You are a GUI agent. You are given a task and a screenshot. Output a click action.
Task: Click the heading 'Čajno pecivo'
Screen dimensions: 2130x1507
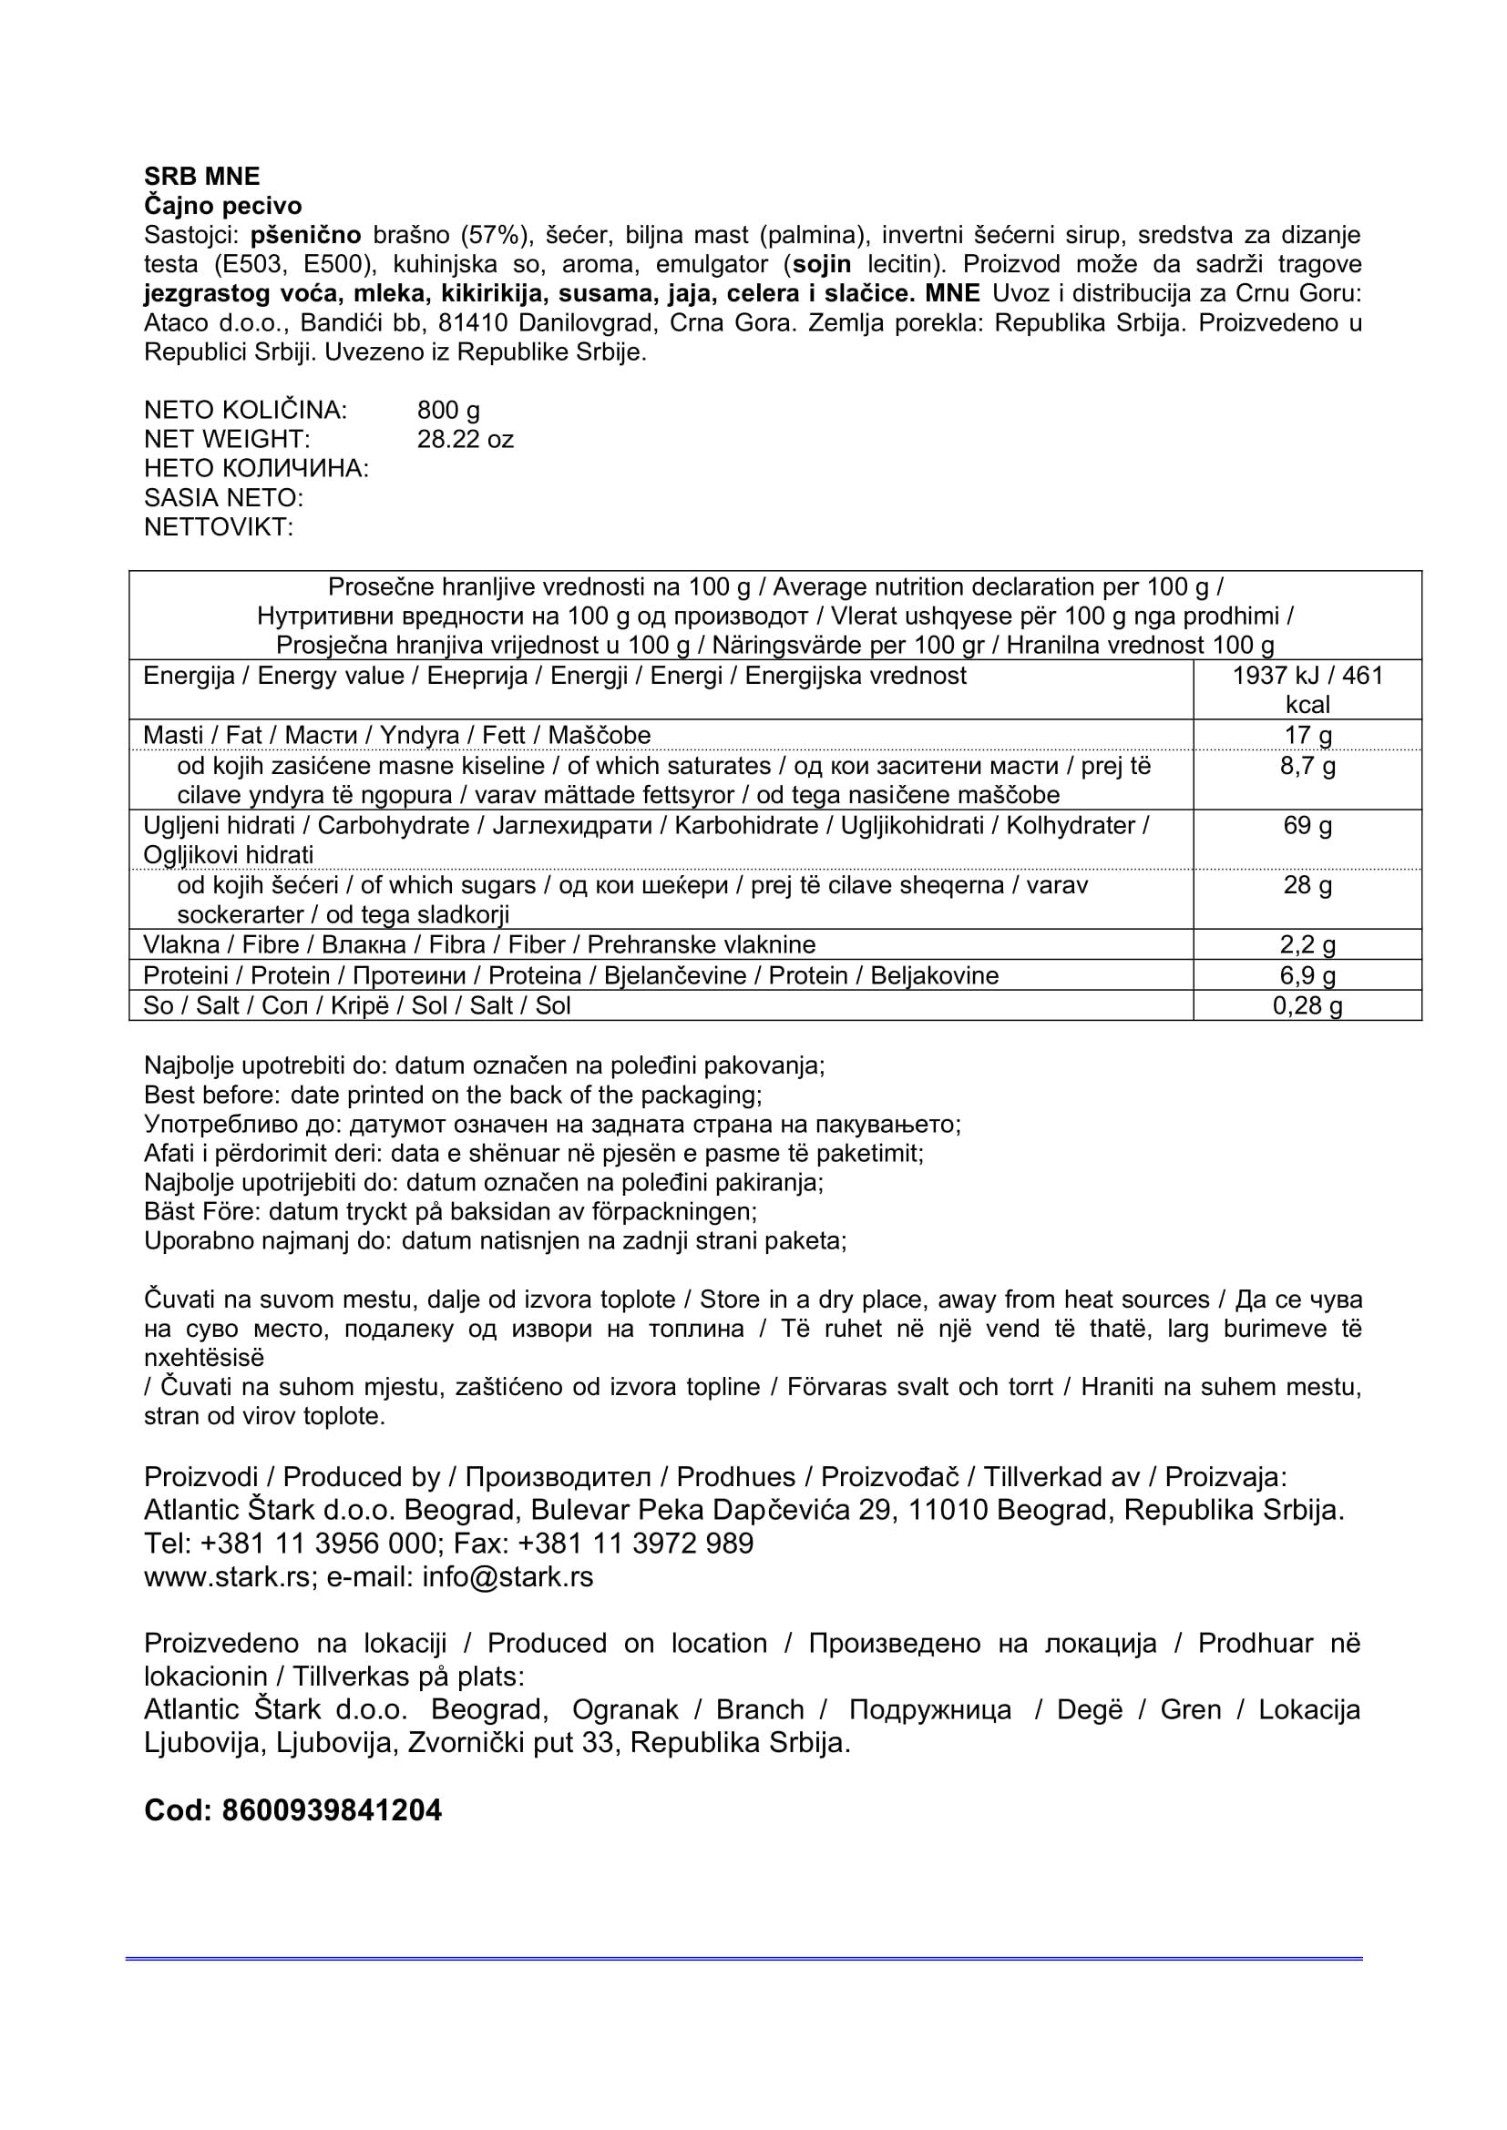[222, 205]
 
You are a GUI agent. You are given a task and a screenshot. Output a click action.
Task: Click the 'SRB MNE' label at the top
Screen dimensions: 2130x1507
[201, 177]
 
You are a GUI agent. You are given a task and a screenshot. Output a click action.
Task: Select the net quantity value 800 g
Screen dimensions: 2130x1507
[448, 410]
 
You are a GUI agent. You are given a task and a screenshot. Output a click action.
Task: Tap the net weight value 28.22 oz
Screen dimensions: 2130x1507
[465, 439]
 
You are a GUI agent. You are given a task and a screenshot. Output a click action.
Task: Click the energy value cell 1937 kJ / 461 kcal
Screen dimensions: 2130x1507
[1307, 689]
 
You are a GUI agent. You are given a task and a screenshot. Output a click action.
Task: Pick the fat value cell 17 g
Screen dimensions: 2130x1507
[1307, 735]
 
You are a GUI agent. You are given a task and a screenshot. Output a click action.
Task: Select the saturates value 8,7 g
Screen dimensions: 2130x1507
[1307, 765]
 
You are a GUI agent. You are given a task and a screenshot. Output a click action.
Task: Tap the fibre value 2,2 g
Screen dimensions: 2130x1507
[1307, 944]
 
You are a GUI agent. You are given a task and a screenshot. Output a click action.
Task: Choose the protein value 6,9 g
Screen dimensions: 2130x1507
[1307, 975]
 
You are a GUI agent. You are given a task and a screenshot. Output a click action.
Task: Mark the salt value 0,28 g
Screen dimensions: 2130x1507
[1307, 1005]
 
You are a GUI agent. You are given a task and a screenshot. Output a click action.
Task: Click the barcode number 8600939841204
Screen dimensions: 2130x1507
[332, 1810]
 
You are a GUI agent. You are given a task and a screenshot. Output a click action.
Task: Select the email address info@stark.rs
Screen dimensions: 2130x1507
[507, 1577]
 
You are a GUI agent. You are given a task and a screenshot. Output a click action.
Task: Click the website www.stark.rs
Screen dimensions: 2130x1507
[228, 1577]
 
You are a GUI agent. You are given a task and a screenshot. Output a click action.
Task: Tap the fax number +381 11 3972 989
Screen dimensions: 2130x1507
[636, 1544]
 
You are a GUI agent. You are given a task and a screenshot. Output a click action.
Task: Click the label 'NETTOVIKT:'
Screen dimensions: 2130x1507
[218, 527]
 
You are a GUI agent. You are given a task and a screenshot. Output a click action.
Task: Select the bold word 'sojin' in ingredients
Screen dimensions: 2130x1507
[820, 264]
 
